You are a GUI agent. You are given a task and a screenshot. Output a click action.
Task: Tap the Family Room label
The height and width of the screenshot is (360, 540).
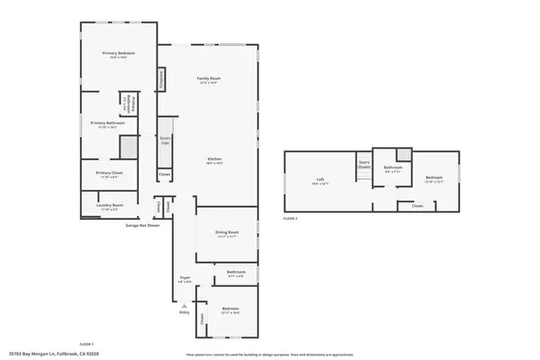pyautogui.click(x=209, y=80)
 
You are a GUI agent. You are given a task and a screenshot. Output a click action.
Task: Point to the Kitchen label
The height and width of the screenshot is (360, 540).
pyautogui.click(x=213, y=160)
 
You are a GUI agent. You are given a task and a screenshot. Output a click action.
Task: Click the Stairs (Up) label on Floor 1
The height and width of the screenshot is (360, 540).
pyautogui.click(x=165, y=141)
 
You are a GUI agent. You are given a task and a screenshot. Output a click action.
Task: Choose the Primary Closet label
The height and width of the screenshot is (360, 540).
pyautogui.click(x=108, y=174)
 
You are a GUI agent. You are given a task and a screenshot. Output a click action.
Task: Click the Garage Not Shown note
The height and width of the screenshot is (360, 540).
pyautogui.click(x=141, y=225)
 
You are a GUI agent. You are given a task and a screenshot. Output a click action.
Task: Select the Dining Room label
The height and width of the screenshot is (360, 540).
pyautogui.click(x=226, y=235)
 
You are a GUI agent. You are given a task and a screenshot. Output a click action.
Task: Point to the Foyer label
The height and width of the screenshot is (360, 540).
pyautogui.click(x=184, y=279)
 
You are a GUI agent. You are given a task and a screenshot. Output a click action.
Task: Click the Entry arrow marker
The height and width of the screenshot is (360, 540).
pyautogui.click(x=184, y=307)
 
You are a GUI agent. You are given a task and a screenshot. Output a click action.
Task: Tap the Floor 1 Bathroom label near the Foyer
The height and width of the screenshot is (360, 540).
pyautogui.click(x=237, y=274)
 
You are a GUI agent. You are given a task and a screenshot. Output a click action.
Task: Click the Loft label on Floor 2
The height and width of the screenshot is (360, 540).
pyautogui.click(x=319, y=180)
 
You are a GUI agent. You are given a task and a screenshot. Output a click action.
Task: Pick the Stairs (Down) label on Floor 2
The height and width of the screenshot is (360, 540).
pyautogui.click(x=364, y=166)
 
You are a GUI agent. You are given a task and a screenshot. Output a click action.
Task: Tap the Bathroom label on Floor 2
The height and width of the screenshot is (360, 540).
pyautogui.click(x=392, y=167)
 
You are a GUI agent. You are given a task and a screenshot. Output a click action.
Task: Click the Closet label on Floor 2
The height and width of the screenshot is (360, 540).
pyautogui.click(x=417, y=206)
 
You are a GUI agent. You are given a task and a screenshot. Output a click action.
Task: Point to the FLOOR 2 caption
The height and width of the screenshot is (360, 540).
pyautogui.click(x=290, y=219)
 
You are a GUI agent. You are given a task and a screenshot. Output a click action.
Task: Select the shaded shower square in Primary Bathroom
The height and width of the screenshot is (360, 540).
pyautogui.click(x=130, y=147)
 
